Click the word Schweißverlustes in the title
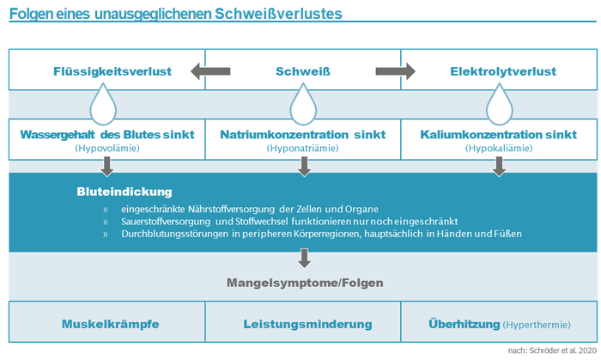[x=278, y=14]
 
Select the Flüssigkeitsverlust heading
[x=112, y=71]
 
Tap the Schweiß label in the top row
[x=303, y=71]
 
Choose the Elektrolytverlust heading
[x=503, y=71]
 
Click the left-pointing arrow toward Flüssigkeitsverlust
[x=210, y=71]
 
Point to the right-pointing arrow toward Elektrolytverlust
[x=395, y=71]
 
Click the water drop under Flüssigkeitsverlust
[x=103, y=104]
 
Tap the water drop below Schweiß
[x=303, y=104]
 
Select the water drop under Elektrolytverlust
[x=500, y=104]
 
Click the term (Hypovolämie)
[x=107, y=149]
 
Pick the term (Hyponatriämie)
[x=303, y=149]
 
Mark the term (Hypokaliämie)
[x=499, y=149]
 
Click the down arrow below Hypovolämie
[x=107, y=167]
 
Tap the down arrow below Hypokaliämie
[x=499, y=167]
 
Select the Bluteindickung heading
[x=124, y=192]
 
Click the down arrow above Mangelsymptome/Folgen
[x=304, y=258]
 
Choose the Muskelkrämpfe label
[x=111, y=324]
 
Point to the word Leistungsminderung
[x=307, y=324]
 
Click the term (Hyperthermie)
[x=537, y=325]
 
